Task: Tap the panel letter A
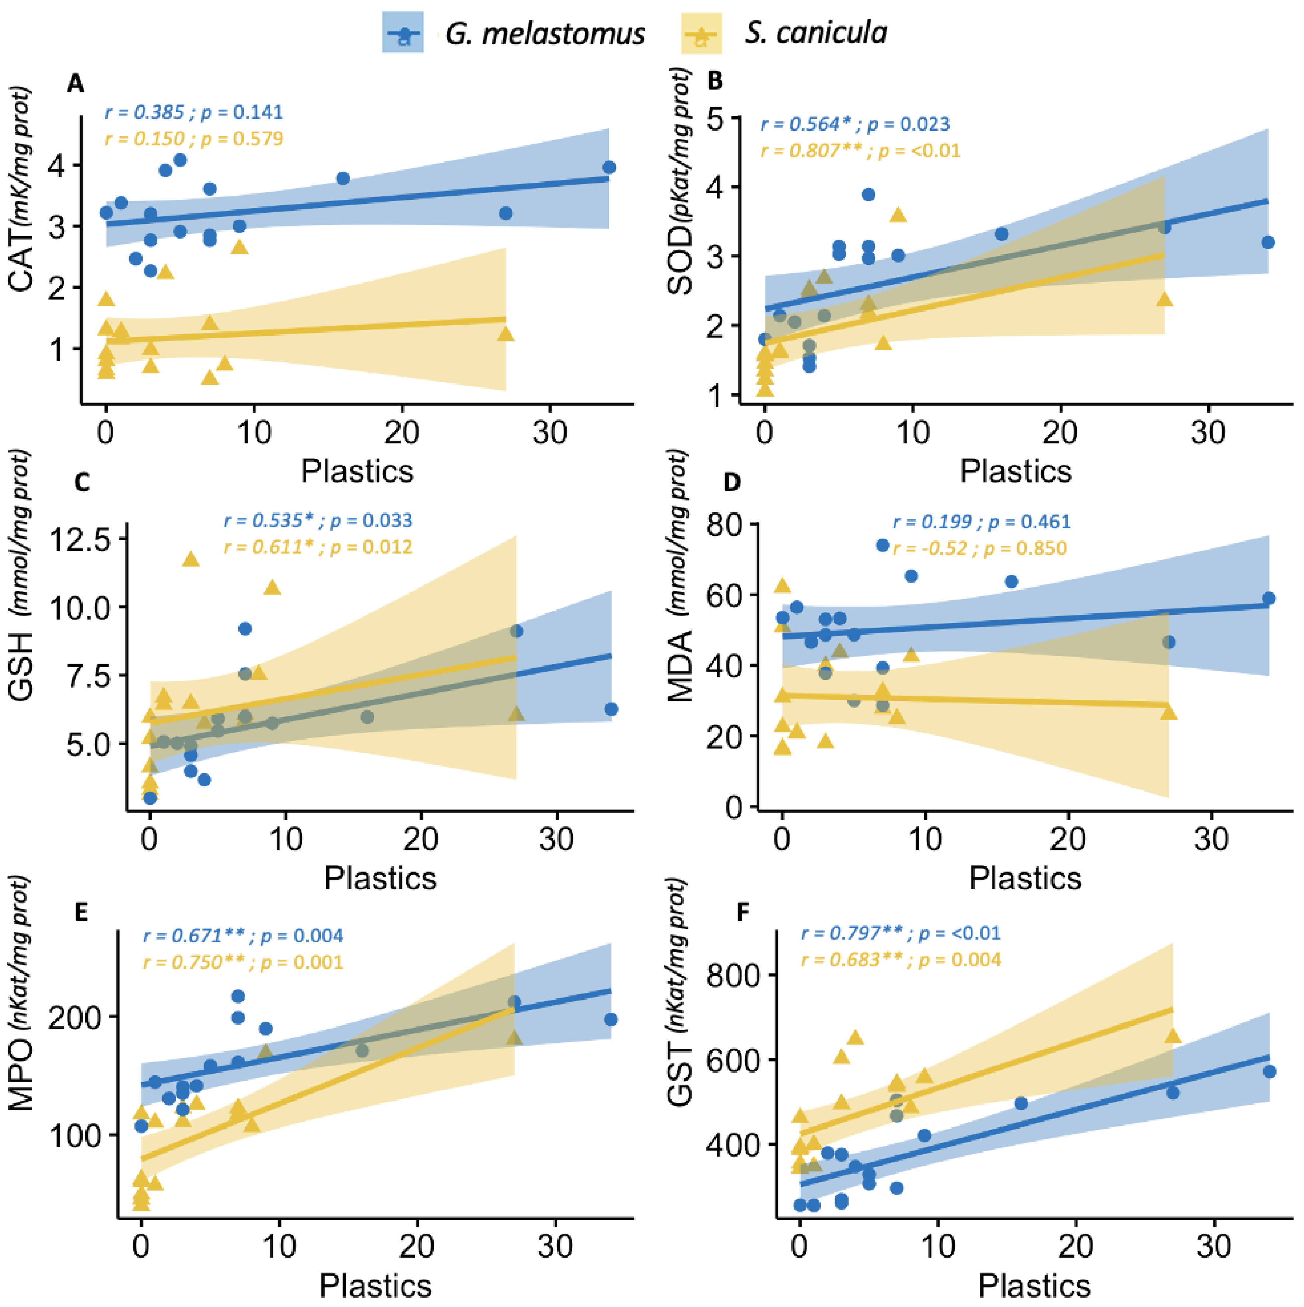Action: (x=76, y=84)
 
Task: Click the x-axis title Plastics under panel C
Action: (x=380, y=878)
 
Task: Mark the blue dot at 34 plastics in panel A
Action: (x=609, y=167)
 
